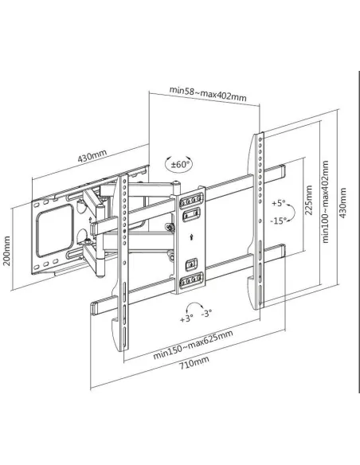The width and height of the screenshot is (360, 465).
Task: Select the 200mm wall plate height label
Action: tap(8, 250)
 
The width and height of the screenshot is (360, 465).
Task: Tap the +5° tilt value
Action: tap(276, 202)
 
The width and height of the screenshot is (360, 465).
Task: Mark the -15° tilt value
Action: tap(278, 221)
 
